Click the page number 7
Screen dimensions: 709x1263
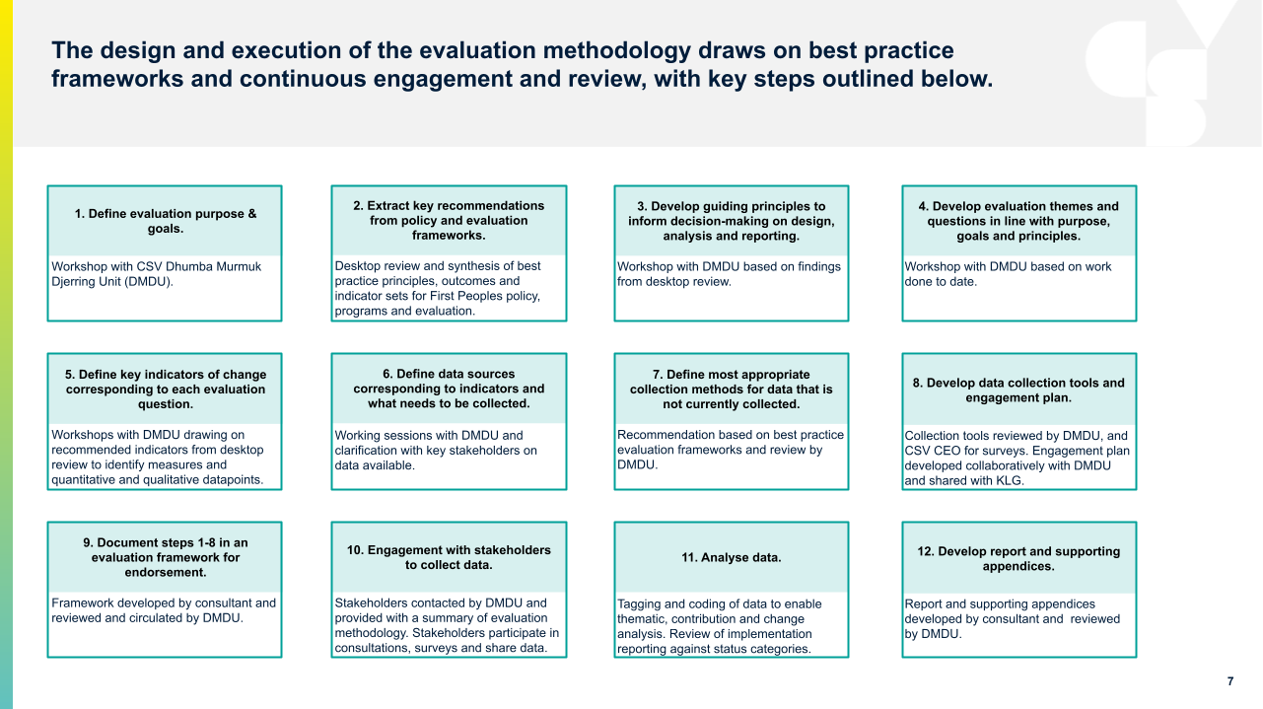(x=1229, y=681)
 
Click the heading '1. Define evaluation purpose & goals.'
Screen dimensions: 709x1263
(x=165, y=221)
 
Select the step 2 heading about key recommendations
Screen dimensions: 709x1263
(x=449, y=221)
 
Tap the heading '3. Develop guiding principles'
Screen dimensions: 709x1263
(x=731, y=221)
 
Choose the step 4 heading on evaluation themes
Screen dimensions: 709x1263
(x=1018, y=221)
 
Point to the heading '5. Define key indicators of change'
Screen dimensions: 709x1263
(x=165, y=390)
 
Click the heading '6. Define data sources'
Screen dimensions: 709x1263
(x=449, y=389)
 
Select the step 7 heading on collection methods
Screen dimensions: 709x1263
(x=731, y=389)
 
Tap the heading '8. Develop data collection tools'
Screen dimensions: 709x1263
(x=1018, y=390)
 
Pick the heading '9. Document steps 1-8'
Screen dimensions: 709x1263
(x=165, y=557)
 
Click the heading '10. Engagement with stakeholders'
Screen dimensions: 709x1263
(x=449, y=557)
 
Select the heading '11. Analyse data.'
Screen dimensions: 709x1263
(x=731, y=557)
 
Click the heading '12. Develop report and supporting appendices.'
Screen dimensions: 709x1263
(x=1018, y=558)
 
